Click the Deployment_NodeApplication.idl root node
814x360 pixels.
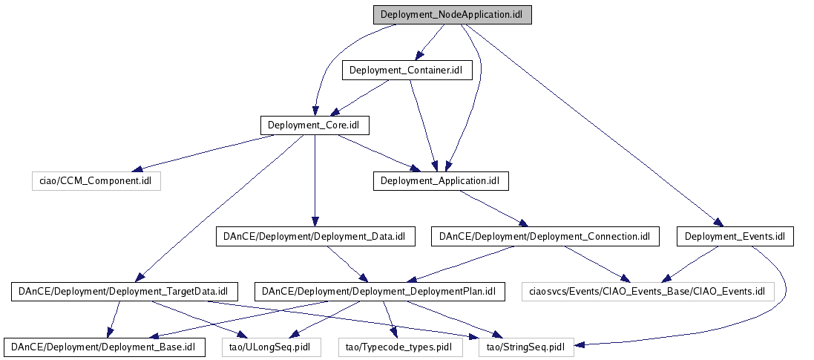click(x=452, y=15)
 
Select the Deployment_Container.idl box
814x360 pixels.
click(x=406, y=71)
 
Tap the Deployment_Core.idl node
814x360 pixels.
click(x=315, y=125)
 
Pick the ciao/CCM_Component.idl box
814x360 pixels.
click(x=96, y=180)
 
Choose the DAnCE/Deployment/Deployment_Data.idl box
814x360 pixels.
click(x=315, y=237)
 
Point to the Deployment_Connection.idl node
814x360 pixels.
click(x=545, y=237)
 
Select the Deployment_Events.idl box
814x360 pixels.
click(x=735, y=237)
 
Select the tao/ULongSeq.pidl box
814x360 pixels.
click(x=271, y=346)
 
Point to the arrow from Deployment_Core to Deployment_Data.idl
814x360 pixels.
click(x=315, y=178)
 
